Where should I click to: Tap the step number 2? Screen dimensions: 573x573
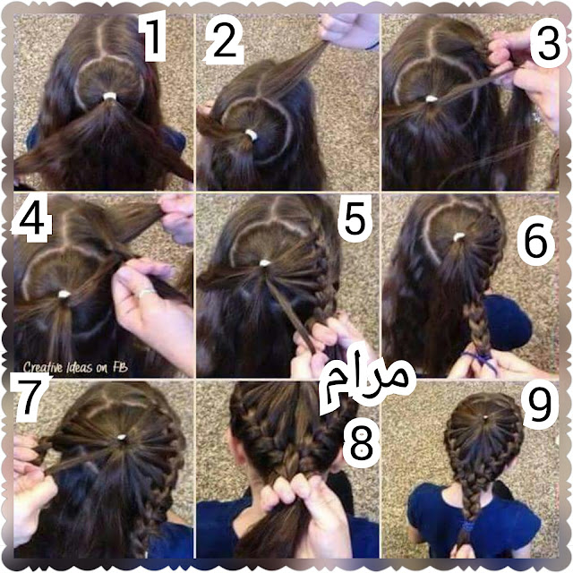(x=224, y=41)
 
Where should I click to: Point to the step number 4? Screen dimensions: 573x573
(x=32, y=219)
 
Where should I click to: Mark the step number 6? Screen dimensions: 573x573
(x=535, y=241)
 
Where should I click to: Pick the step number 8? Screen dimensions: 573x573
(x=361, y=444)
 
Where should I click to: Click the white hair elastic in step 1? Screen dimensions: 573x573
(x=109, y=97)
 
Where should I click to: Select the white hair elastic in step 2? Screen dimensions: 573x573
(x=251, y=134)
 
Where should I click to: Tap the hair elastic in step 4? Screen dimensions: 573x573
(x=64, y=294)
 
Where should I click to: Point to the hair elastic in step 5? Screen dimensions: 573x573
(x=265, y=262)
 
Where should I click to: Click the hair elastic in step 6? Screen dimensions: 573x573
(x=458, y=237)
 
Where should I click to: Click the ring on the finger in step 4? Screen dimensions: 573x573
(x=145, y=293)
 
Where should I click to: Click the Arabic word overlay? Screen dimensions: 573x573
(x=366, y=382)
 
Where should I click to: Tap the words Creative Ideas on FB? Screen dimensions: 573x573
(x=75, y=367)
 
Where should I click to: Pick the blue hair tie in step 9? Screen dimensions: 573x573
(x=467, y=526)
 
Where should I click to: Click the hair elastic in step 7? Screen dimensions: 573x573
(x=122, y=437)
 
